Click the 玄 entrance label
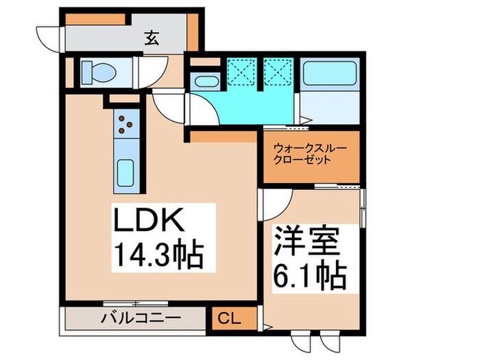click(x=152, y=39)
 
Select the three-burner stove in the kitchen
click(x=125, y=123)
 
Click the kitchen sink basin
click(x=125, y=171)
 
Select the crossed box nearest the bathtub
click(x=278, y=71)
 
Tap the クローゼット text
click(x=302, y=160)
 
